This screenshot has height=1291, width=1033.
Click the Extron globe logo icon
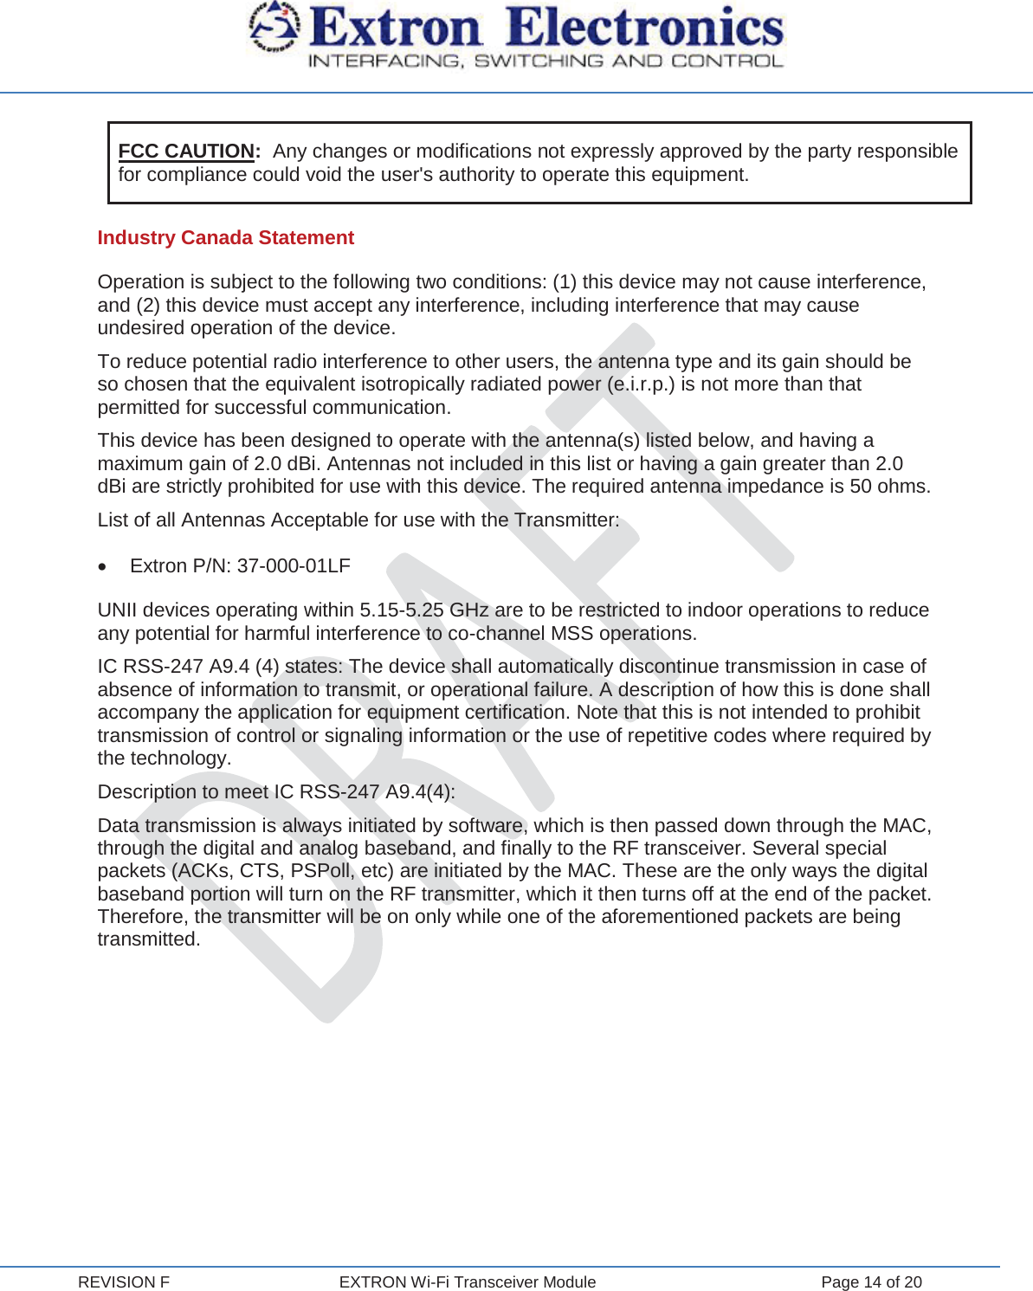point(274,28)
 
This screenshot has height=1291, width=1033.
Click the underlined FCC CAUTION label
point(187,152)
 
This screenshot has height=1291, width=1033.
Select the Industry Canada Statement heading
point(225,238)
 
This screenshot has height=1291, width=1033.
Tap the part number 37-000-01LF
point(294,566)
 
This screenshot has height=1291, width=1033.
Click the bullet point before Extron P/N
point(104,567)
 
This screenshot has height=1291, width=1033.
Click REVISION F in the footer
point(124,1282)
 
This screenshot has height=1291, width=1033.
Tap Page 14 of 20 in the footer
point(871,1282)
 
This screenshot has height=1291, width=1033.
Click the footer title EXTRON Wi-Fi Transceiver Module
point(468,1282)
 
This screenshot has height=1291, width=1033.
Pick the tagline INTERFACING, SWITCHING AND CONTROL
point(546,61)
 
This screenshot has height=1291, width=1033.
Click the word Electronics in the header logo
point(645,28)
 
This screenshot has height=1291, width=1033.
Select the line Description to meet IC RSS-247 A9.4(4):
point(276,792)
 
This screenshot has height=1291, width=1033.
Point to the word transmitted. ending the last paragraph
point(149,939)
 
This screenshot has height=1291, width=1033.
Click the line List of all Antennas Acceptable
point(358,520)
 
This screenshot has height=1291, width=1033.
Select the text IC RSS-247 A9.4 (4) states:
point(220,667)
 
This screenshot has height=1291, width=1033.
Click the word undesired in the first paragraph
point(139,328)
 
